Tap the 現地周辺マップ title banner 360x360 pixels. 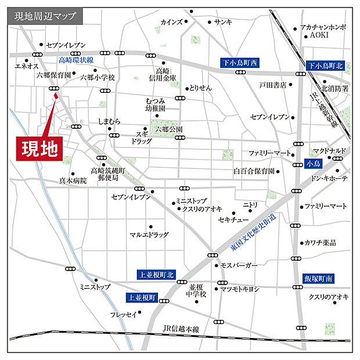coord(45,16)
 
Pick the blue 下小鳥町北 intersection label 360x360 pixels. coord(326,66)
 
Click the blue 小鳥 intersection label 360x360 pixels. coord(312,164)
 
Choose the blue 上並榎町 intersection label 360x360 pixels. coord(142,298)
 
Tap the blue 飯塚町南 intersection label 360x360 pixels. coord(319,279)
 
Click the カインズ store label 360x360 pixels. coord(171,22)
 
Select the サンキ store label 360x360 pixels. coord(223,22)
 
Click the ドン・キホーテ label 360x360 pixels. coord(329,179)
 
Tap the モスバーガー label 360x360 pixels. coord(239,265)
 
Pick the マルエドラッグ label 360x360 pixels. coord(149,235)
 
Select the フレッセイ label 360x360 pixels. coord(123,314)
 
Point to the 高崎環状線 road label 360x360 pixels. coord(77,60)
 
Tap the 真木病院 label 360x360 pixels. coord(73,181)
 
